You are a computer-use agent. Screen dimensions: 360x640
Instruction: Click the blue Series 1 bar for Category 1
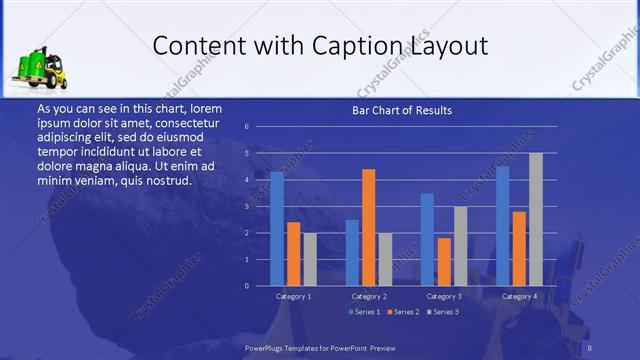pos(277,229)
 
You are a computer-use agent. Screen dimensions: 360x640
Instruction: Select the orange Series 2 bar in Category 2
pos(369,227)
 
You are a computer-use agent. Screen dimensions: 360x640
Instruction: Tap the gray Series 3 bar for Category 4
pos(536,219)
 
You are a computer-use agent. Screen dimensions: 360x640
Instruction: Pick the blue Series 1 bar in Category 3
pos(427,239)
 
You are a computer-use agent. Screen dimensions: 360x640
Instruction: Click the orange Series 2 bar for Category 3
pos(444,262)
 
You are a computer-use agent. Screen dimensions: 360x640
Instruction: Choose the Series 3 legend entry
pos(447,312)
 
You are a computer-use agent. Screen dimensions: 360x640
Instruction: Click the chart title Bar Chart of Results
pos(402,110)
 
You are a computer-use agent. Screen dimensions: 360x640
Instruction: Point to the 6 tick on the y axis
pos(246,127)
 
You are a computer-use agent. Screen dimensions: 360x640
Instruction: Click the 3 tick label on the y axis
pos(246,206)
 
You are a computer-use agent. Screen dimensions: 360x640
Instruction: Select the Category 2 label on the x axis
pos(369,297)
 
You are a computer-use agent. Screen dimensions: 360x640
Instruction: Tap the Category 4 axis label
pos(519,297)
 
